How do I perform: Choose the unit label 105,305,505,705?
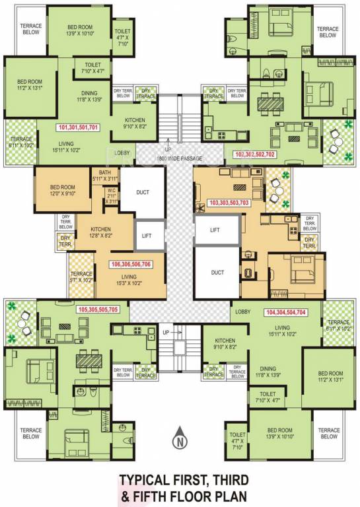[98, 309]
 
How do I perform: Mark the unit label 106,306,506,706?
[132, 264]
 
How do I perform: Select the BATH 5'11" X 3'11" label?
[104, 174]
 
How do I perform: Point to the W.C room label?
[112, 195]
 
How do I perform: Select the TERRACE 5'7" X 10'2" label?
[81, 277]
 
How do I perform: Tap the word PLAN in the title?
[233, 494]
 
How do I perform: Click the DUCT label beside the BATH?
[142, 193]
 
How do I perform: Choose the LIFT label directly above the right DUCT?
[215, 230]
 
